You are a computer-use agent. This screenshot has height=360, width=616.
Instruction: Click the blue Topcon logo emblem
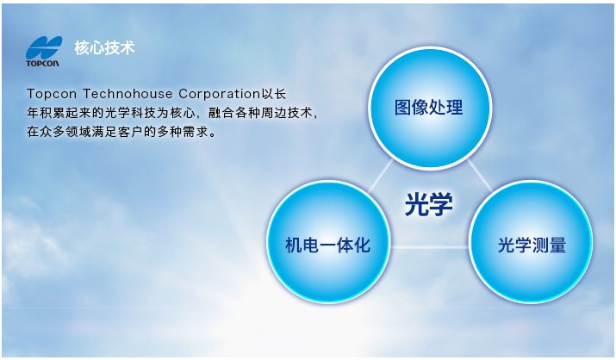click(x=44, y=47)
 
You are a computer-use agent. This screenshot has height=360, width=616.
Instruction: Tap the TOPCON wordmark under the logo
click(x=42, y=63)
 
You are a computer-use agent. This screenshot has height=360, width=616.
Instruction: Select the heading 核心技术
click(x=104, y=48)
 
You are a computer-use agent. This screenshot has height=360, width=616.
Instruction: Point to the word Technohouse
click(x=128, y=94)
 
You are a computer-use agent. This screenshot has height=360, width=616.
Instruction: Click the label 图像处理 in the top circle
click(x=428, y=107)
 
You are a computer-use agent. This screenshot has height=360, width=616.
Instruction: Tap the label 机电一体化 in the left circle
click(x=327, y=245)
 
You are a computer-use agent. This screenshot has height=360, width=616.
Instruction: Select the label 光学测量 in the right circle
click(x=532, y=245)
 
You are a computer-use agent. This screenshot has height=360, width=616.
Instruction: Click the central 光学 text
click(x=428, y=204)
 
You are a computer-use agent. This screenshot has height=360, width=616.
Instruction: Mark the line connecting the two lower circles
click(x=429, y=247)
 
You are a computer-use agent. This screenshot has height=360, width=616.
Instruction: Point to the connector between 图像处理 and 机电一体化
click(x=380, y=176)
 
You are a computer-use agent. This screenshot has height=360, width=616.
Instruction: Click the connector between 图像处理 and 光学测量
click(x=479, y=176)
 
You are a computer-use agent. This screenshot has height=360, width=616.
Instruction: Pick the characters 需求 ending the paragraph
click(x=196, y=132)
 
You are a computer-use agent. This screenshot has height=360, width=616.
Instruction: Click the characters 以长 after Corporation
click(x=274, y=94)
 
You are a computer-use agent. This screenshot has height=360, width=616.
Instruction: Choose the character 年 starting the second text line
click(x=33, y=113)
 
